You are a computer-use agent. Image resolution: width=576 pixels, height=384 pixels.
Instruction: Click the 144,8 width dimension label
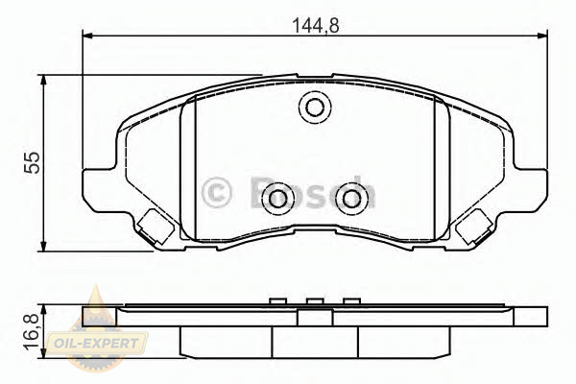(x=315, y=25)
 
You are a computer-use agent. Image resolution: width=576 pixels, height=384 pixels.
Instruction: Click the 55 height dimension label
(x=32, y=162)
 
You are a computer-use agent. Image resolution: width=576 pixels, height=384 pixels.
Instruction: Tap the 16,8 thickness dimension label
(x=33, y=332)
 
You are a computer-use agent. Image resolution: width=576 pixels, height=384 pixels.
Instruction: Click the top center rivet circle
(x=315, y=108)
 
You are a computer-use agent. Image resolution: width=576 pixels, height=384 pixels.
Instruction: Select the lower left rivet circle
(x=278, y=199)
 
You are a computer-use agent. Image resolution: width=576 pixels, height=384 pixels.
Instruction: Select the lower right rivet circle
(x=351, y=199)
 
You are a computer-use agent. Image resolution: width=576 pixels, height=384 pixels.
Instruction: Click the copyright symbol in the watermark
(x=216, y=193)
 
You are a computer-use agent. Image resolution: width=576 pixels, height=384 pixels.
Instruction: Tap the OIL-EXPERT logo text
(x=96, y=344)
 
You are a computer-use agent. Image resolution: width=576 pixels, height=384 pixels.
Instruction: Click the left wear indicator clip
(x=155, y=228)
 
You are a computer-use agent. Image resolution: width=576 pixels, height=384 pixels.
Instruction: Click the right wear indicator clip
(x=474, y=228)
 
